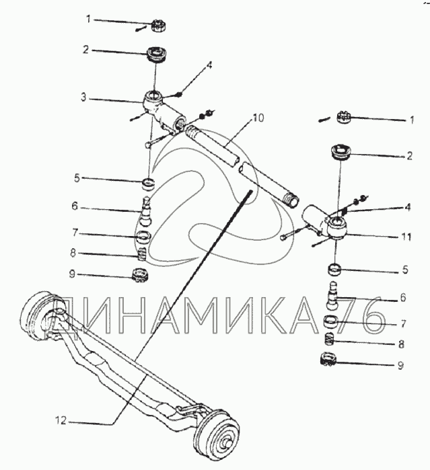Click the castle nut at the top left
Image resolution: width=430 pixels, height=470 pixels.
point(159,26)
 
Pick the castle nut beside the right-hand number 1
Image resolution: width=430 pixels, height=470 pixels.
point(346,118)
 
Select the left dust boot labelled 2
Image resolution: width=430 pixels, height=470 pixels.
point(157,54)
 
